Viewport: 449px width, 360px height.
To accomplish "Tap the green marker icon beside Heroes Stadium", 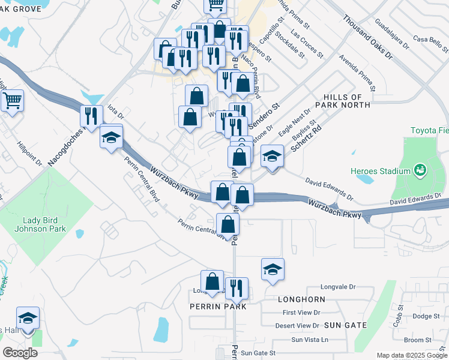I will click(x=420, y=170).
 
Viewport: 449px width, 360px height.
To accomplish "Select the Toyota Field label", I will click(x=429, y=130).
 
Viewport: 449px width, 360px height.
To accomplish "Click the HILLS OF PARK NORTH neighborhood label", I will click(x=351, y=101).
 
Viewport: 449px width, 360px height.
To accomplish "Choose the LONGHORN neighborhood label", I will click(x=301, y=299).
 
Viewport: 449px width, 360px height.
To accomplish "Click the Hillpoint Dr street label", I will click(x=29, y=154).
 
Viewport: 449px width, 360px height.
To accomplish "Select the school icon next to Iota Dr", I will click(x=111, y=138).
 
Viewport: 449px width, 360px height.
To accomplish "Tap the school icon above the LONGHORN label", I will click(x=273, y=269).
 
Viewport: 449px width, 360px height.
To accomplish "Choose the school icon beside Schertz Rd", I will click(x=273, y=157).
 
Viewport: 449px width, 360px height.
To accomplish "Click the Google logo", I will click(x=20, y=353).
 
